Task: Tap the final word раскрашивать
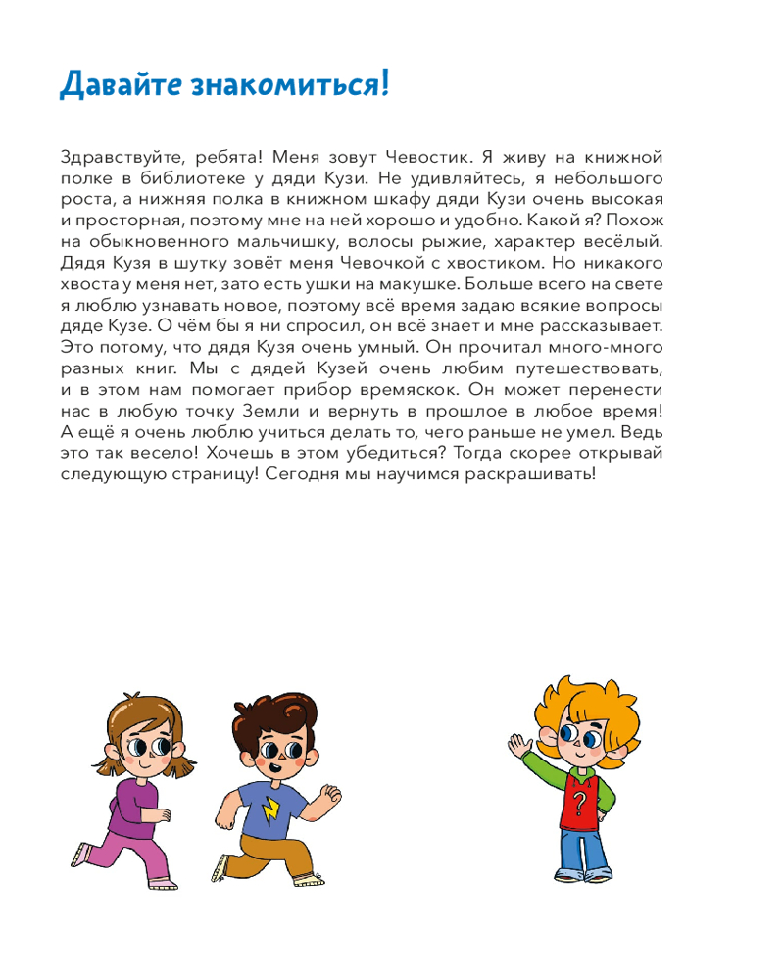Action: [x=541, y=473]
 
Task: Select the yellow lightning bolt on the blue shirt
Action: [x=270, y=808]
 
